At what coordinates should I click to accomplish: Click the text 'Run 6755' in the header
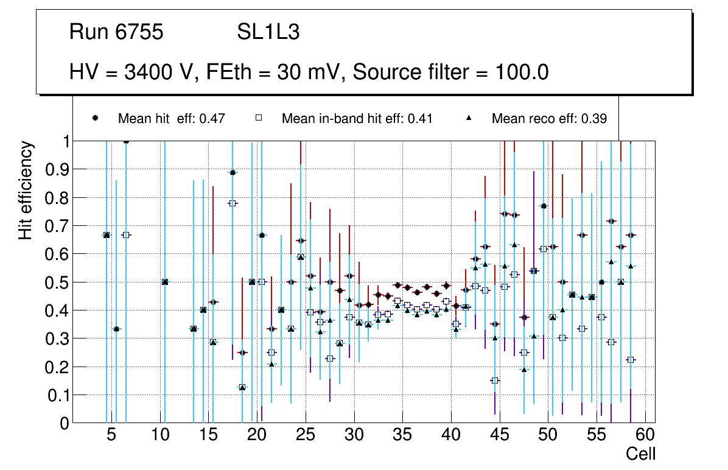pos(116,32)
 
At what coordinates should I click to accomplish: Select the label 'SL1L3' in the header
pos(268,32)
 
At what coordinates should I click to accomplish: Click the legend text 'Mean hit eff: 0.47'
pos(172,119)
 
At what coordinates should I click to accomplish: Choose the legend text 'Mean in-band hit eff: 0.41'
pos(357,119)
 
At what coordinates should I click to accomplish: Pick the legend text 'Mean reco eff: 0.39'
pos(549,119)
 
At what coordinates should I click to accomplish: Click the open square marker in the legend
pos(258,118)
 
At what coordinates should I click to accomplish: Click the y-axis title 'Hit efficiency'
pos(26,190)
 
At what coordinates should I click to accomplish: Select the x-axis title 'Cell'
pos(641,454)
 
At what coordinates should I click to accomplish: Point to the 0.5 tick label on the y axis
pos(57,282)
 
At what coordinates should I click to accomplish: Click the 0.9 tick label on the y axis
pos(57,169)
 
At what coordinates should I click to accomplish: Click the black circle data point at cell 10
pos(164,282)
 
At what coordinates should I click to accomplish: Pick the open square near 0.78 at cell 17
pos(232,203)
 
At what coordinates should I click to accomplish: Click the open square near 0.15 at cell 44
pos(494,381)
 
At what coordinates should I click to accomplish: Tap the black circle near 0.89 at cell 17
pos(233,173)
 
